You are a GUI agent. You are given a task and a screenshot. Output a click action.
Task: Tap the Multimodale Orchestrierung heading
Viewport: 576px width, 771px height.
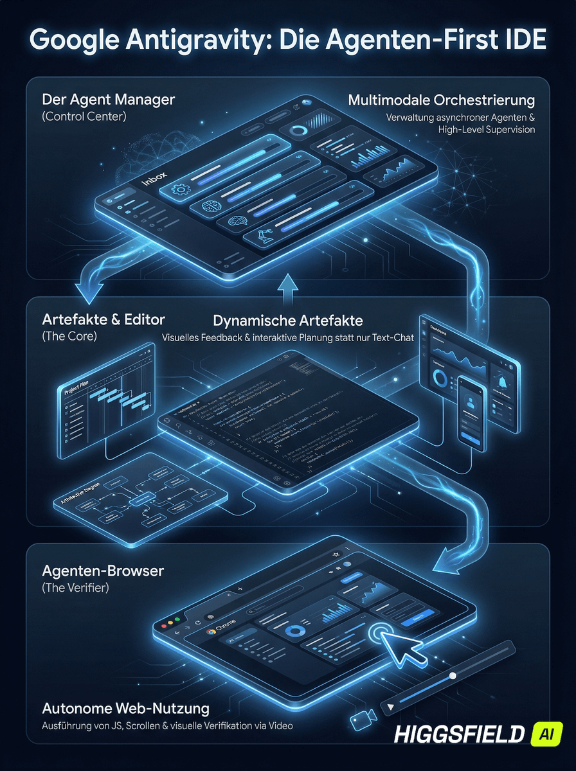coord(442,100)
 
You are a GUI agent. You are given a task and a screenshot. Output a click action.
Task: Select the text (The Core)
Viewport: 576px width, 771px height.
coord(69,336)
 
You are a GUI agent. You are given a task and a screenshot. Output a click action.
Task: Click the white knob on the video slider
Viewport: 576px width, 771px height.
coord(453,675)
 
